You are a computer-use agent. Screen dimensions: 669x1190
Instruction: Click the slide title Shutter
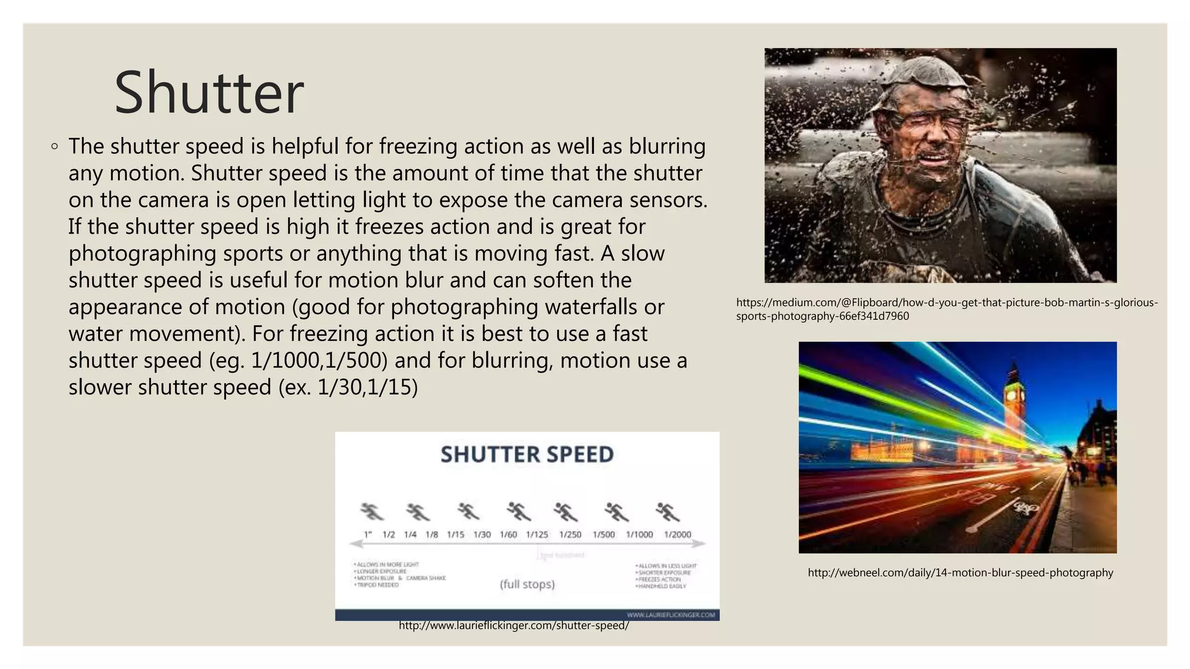pos(209,93)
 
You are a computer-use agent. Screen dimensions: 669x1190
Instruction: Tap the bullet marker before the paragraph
pos(54,146)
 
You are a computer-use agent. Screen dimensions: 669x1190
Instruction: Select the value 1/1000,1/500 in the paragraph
pos(319,361)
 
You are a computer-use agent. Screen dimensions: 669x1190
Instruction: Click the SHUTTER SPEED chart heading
pos(527,454)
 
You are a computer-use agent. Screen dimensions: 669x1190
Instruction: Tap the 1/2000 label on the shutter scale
pos(678,534)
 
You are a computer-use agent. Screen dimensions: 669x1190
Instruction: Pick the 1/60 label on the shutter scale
pos(508,534)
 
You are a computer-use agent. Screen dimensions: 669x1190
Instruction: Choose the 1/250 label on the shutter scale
pos(570,534)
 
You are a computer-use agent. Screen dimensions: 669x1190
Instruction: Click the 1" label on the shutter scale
pos(368,534)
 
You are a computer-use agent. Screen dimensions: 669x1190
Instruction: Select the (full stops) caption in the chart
pos(527,584)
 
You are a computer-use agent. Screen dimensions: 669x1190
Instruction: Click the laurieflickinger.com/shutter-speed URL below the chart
pos(514,625)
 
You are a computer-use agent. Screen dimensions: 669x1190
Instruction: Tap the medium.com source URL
pos(947,309)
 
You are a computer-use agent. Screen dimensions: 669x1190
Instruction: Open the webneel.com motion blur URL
pos(960,573)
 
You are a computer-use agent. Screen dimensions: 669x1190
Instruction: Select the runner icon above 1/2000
pos(668,512)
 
